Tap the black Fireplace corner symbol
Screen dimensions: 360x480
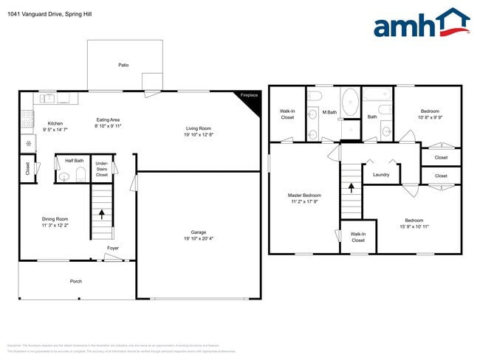click(253, 103)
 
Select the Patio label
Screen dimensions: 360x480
click(123, 66)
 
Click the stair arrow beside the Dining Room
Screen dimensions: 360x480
click(101, 215)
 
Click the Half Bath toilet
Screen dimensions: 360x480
click(64, 176)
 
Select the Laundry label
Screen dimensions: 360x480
click(381, 175)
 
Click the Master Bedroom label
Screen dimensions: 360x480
click(304, 195)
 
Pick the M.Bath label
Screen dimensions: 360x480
click(329, 112)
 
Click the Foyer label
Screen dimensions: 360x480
click(113, 249)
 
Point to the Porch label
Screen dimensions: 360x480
click(76, 281)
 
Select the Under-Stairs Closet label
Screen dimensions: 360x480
click(102, 169)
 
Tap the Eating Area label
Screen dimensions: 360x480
click(109, 120)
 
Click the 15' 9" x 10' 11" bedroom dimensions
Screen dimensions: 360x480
click(414, 226)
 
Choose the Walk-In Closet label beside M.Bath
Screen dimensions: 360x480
click(287, 114)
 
